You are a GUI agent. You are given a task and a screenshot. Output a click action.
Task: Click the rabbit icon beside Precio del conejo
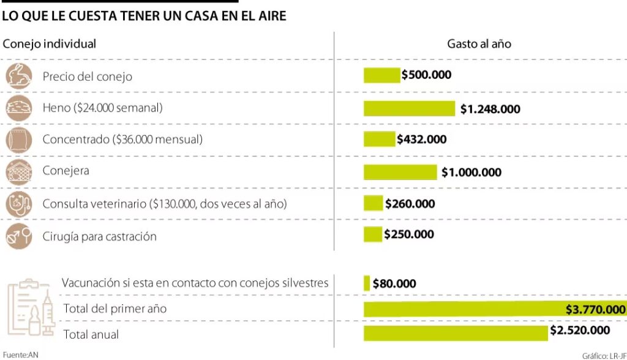18,76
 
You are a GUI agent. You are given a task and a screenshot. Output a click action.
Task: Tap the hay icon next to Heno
18,108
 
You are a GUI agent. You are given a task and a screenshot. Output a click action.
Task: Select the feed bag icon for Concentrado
18,140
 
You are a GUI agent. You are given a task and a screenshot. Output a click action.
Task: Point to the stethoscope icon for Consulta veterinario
18,204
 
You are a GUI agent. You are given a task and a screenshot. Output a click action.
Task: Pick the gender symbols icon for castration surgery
18,236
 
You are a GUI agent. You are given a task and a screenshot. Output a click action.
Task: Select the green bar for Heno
409,108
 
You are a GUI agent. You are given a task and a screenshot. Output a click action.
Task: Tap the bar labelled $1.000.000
400,172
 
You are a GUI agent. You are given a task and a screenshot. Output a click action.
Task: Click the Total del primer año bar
463,309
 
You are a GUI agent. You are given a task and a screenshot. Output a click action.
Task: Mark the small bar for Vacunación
367,283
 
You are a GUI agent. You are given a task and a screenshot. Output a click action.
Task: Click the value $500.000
426,75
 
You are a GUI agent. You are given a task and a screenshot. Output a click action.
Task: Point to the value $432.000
422,140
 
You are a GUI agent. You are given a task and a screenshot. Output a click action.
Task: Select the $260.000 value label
410,204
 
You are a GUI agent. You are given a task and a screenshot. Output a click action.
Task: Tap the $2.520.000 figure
580,331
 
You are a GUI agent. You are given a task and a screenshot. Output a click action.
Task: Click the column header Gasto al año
479,44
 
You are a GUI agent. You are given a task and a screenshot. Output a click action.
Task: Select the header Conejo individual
50,44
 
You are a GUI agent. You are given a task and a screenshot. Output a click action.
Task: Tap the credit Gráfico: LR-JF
604,355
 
